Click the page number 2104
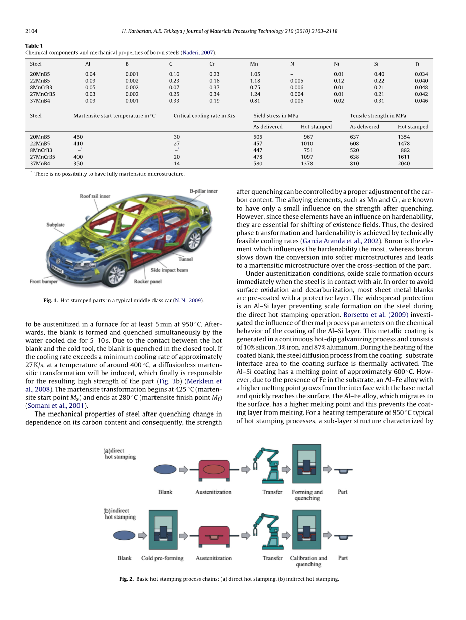(x=31, y=31)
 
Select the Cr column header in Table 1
(x=212, y=64)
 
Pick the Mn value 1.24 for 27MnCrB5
(x=255, y=94)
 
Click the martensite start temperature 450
(x=78, y=137)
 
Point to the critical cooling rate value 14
(x=177, y=163)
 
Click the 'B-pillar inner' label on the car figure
(x=203, y=191)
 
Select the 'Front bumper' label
(x=44, y=282)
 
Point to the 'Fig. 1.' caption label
(x=51, y=301)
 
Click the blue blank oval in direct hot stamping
(x=166, y=469)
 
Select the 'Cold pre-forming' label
(x=162, y=558)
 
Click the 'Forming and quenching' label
(x=307, y=495)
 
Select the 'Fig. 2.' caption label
(x=126, y=579)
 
